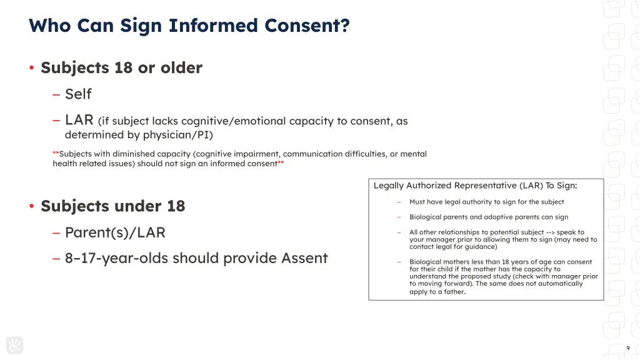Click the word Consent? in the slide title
306,26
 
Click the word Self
78,94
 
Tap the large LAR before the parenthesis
79,120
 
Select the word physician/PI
177,134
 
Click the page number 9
627,349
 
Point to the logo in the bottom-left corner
14,345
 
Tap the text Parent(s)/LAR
115,233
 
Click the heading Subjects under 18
112,206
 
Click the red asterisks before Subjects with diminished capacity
56,154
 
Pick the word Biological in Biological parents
425,217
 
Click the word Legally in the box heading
388,186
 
